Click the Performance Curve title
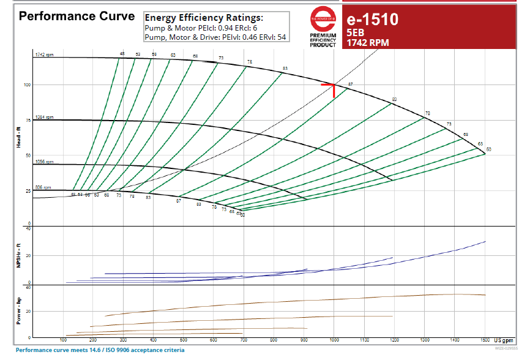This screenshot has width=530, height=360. [x=77, y=16]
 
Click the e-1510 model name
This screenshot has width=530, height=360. [x=372, y=20]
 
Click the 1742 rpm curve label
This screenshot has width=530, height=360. [x=45, y=55]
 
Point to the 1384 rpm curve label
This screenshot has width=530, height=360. [x=45, y=117]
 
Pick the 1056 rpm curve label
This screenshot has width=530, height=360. [x=45, y=162]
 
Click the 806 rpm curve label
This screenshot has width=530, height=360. [x=43, y=187]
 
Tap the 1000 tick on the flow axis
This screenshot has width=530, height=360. [x=334, y=340]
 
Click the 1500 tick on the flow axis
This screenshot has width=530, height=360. [x=485, y=340]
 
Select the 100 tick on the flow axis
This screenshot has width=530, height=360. [x=63, y=340]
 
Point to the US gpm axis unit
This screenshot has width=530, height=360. [x=504, y=340]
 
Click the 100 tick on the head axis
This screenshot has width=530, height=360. [x=27, y=84]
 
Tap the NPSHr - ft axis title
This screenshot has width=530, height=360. [x=19, y=256]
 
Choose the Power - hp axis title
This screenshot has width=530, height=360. [x=19, y=311]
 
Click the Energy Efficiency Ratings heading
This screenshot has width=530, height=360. [x=203, y=18]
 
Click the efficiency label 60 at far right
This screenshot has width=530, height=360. [x=488, y=149]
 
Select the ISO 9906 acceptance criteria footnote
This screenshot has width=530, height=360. [x=100, y=350]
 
